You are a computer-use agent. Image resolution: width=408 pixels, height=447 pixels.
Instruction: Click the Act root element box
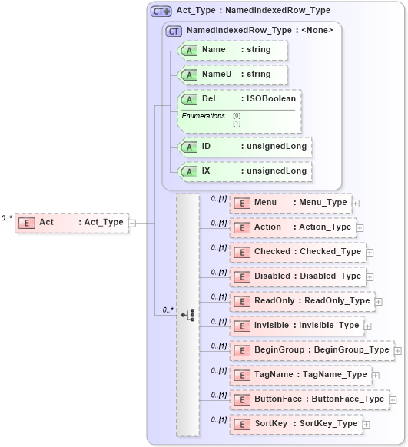coord(71,222)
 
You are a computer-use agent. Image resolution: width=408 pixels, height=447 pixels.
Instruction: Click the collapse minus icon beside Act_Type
coord(132,223)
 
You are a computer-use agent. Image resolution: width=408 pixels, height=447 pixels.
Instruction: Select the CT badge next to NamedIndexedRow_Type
coord(174,31)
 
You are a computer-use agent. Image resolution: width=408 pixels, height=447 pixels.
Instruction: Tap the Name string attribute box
coord(232,50)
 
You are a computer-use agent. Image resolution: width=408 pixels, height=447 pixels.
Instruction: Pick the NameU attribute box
coord(232,74)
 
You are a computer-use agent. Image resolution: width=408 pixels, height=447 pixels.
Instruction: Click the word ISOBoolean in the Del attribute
coord(269,99)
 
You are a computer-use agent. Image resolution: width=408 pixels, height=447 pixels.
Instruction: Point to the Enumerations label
coord(204,116)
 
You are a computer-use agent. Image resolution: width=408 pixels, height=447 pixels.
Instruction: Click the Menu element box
coord(290,203)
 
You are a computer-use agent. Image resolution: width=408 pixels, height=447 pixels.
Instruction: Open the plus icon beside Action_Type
coord(360,227)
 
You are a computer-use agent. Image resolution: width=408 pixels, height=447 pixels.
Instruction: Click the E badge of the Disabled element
coord(242,276)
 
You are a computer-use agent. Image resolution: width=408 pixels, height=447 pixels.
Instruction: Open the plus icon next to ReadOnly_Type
coord(378,301)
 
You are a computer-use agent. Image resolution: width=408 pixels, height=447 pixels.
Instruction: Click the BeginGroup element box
coord(311,350)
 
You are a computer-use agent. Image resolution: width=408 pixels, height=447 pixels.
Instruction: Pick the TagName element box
coord(300,375)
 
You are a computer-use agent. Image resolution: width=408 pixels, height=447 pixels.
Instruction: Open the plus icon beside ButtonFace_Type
coord(393,399)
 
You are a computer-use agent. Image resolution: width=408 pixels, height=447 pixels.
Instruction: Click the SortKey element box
coord(296,424)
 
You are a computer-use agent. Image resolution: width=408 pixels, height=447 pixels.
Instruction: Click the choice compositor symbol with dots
coord(187,314)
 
